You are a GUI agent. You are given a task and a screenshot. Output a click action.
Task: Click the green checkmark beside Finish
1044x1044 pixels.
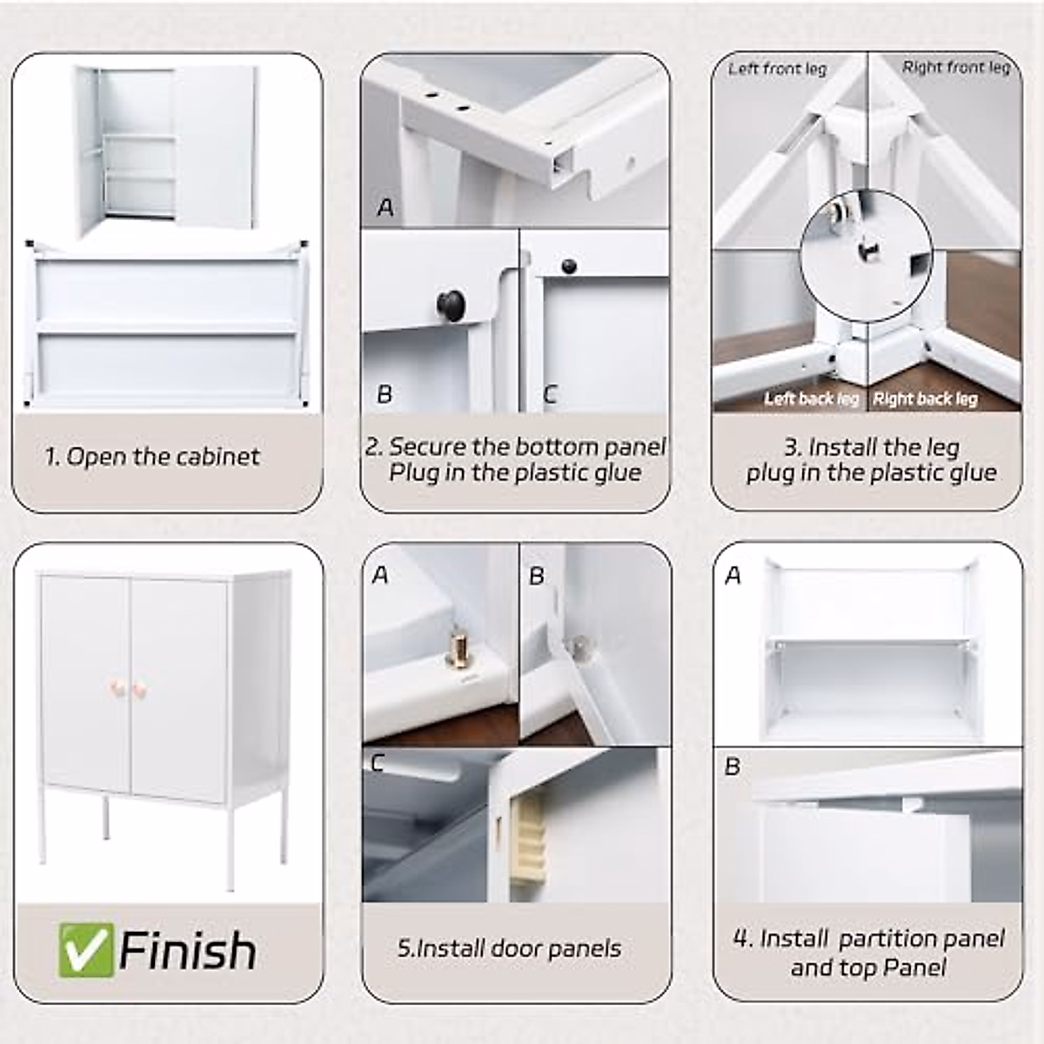87,950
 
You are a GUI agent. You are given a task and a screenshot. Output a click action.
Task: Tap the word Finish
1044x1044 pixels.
187,950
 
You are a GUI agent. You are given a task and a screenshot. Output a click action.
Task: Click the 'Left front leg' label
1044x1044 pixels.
778,70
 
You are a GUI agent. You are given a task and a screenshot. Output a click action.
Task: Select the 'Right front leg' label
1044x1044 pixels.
956,68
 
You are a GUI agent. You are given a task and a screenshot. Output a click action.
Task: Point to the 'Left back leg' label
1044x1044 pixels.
812,399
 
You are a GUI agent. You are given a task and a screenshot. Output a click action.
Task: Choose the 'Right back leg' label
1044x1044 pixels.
926,399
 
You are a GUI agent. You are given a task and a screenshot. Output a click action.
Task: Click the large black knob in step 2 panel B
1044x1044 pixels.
451,304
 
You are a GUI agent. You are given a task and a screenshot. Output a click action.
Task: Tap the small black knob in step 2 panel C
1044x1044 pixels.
568,265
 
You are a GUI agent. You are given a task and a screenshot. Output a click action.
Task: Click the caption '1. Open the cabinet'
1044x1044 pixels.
152,457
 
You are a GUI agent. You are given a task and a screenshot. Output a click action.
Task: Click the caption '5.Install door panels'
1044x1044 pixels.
509,948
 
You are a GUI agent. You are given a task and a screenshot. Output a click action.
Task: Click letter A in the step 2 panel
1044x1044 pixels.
385,207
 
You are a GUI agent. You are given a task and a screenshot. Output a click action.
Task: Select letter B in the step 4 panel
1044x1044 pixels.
732,766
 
